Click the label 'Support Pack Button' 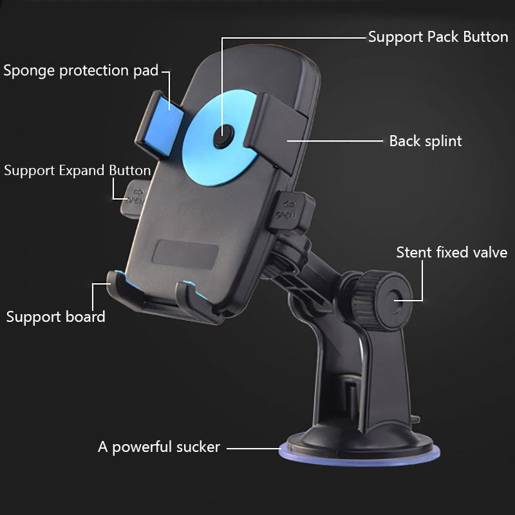pyautogui.click(x=438, y=37)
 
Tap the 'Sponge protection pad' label pyautogui.click(x=81, y=71)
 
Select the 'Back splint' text pyautogui.click(x=426, y=141)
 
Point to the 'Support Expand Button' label pyautogui.click(x=77, y=171)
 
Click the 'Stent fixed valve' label pyautogui.click(x=452, y=252)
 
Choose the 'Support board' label pyautogui.click(x=56, y=317)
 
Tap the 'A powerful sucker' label pyautogui.click(x=159, y=447)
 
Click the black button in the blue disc pyautogui.click(x=223, y=136)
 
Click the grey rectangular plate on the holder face pyautogui.click(x=185, y=254)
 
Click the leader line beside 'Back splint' pyautogui.click(x=335, y=141)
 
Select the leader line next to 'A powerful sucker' pyautogui.click(x=254, y=448)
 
